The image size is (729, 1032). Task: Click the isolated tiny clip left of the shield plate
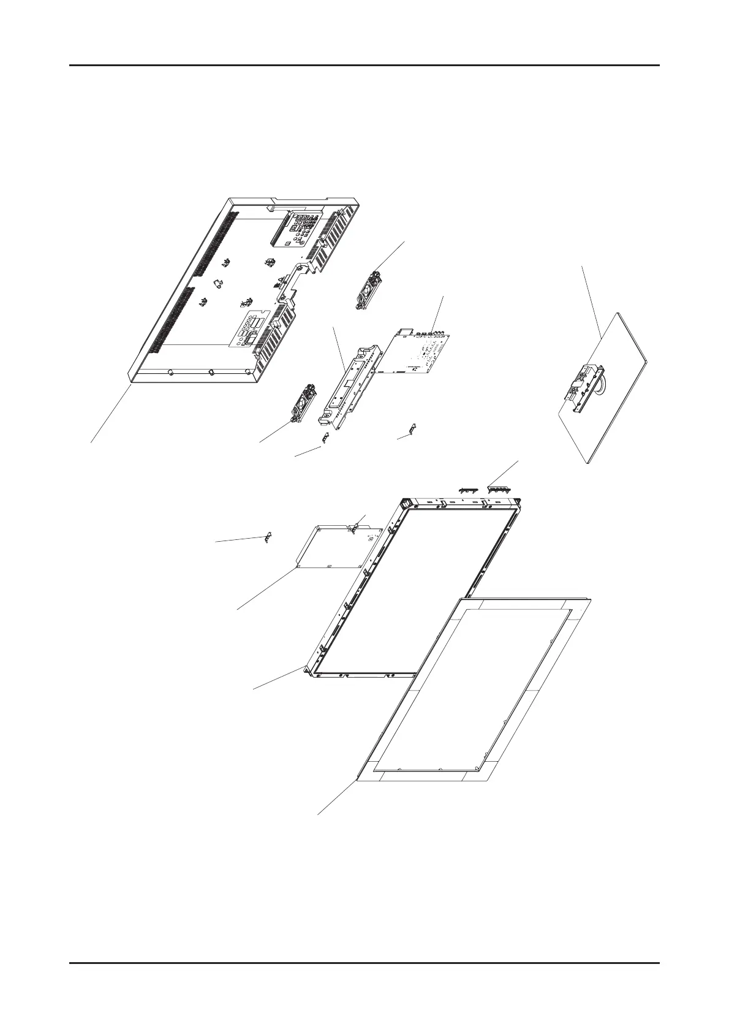coord(267,537)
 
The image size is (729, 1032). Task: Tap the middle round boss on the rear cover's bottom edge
coord(210,371)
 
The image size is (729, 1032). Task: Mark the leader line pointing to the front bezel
coord(337,797)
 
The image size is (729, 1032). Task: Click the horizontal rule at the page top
coord(364,65)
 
